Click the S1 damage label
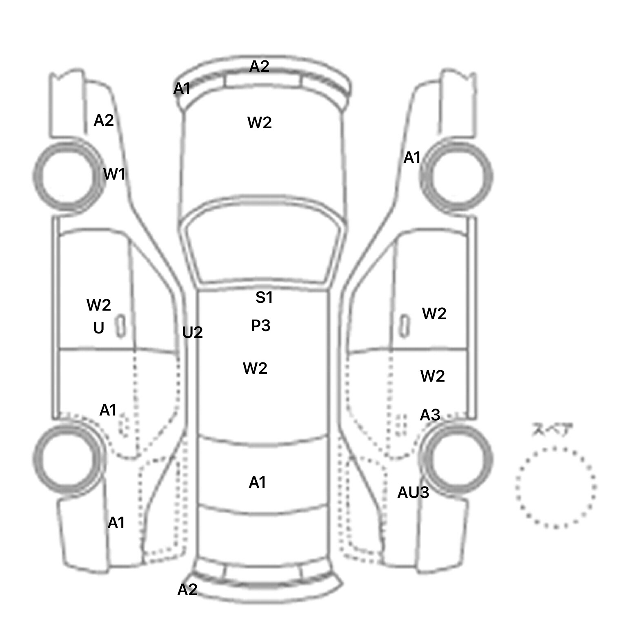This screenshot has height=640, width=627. (x=264, y=298)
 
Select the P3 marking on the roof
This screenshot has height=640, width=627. (x=260, y=326)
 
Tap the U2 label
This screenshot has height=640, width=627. (x=192, y=333)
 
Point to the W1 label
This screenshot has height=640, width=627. (x=114, y=174)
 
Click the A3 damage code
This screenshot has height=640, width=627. (x=430, y=415)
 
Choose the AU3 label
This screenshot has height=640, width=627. (x=413, y=493)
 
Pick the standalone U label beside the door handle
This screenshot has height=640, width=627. (x=99, y=328)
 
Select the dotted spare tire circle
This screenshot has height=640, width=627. (x=556, y=487)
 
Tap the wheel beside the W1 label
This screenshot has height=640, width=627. (x=69, y=176)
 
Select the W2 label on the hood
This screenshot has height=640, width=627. (x=260, y=123)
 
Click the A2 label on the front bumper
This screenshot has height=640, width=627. (x=259, y=66)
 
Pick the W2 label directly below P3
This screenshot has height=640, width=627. (x=255, y=369)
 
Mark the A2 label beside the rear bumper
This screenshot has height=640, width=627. (x=187, y=589)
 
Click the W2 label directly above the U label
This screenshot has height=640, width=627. (x=99, y=305)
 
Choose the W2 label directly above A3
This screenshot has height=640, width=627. (x=432, y=376)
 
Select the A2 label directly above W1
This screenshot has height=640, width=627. (x=104, y=120)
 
